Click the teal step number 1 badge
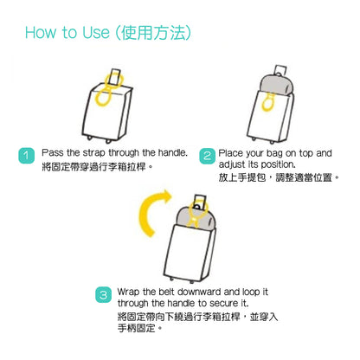pos(26,156)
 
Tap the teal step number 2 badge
pos(207,156)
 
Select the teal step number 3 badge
pos(103,295)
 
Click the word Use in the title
pos(96,33)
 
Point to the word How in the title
pos(40,33)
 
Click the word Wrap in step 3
pos(128,292)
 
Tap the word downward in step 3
pos(199,292)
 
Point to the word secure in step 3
pos(221,304)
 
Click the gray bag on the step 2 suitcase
pos(277,84)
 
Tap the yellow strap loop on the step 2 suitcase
pos(268,102)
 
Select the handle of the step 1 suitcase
pos(116,76)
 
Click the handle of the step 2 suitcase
pos(280,70)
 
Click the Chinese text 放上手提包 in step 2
pos(241,177)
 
